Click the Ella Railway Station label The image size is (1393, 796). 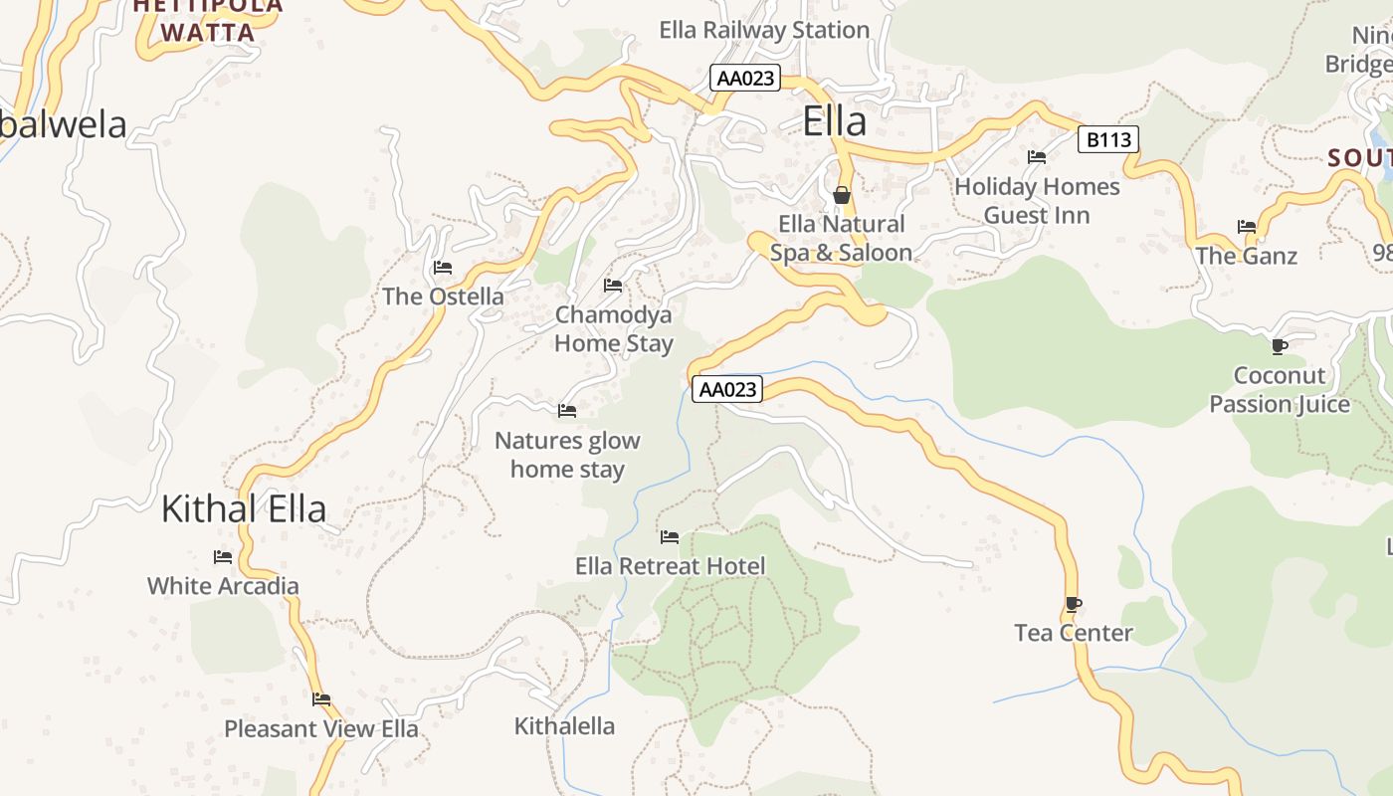pos(764,30)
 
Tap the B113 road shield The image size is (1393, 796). pos(1108,139)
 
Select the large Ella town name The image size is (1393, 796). pos(834,121)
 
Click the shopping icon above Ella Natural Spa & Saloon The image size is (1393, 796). pos(842,194)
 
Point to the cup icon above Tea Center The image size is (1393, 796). pos(1073,604)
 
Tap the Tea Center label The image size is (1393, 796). pos(1073,633)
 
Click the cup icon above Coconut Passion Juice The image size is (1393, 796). pos(1279,346)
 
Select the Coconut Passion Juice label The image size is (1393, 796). pos(1280,390)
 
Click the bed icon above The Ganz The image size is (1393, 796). pos(1247,227)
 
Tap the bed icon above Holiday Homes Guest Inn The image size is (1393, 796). pos(1037,157)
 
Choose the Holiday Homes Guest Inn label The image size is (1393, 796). pos(1037,201)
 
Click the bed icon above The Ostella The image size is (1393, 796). pos(443,268)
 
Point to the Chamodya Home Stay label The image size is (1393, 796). pos(613,329)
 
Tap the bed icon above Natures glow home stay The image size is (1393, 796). pos(567,410)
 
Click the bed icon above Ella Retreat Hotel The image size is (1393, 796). pos(670,537)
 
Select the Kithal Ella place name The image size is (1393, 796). pos(244,509)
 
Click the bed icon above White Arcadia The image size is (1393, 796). pos(223,557)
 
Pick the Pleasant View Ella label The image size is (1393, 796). pos(321,728)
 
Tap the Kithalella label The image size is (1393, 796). pos(564,726)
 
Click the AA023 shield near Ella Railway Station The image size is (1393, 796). pos(745,78)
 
